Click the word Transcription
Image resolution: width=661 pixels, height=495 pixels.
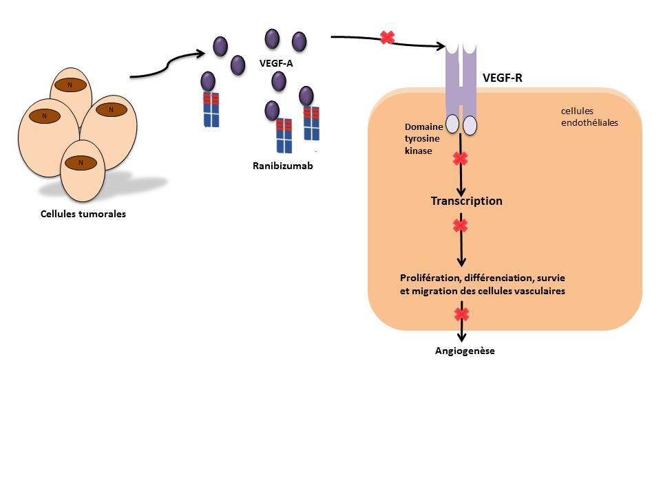[x=466, y=201]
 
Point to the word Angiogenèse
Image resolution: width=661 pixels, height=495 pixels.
[x=465, y=351]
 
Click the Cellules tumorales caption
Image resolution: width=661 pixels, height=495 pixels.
[x=83, y=214]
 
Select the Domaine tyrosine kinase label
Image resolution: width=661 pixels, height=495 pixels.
[x=419, y=139]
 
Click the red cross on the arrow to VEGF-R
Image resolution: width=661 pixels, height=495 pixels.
[x=387, y=37]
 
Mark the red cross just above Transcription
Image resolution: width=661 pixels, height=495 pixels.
[x=460, y=159]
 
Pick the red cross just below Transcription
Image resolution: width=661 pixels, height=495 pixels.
[x=460, y=225]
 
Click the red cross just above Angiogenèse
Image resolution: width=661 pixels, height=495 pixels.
[x=461, y=314]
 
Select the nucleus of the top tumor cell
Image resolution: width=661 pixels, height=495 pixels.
[x=70, y=85]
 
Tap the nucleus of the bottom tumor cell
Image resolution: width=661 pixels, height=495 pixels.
[x=81, y=162]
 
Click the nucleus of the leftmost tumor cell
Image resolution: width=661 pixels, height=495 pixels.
[x=44, y=115]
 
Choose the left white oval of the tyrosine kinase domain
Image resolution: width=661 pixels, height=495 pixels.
[x=452, y=124]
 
